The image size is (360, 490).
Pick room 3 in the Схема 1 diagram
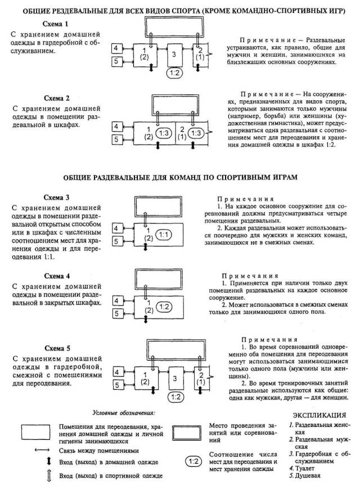tap(175, 54)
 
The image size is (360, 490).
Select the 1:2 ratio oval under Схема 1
tap(174, 73)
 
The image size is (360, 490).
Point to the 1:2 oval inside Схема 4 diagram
tap(163, 307)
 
